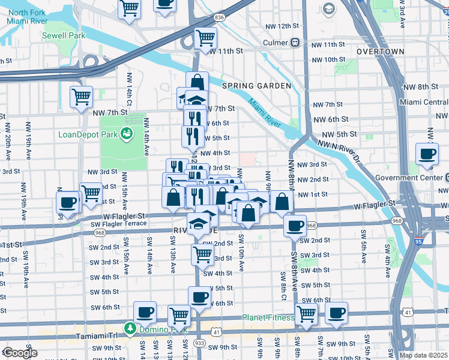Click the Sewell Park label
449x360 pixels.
64,35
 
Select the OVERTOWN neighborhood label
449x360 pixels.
380,52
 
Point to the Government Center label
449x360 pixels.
409,178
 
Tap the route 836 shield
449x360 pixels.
219,18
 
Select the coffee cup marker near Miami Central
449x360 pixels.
427,154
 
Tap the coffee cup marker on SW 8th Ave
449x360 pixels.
295,226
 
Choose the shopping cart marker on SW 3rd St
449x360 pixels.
202,254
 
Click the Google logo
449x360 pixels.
19,353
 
